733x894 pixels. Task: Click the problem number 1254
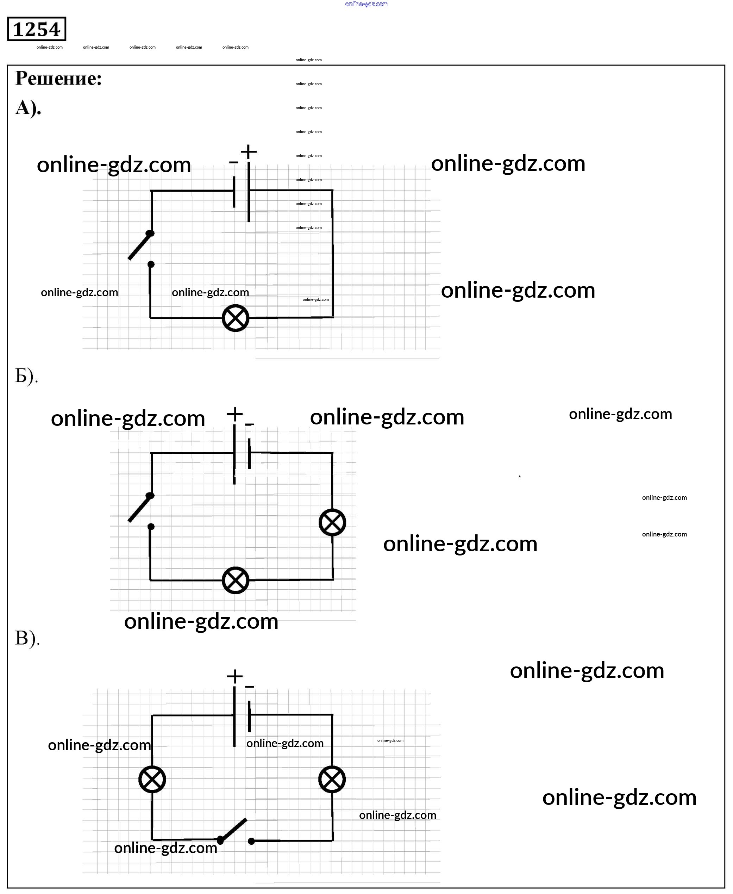[37, 29]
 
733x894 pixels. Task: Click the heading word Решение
[58, 79]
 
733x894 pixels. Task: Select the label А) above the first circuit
[28, 108]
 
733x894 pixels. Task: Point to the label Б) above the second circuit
[26, 375]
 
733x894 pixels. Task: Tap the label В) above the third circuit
[27, 638]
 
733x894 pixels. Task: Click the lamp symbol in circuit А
[235, 318]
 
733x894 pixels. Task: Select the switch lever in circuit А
[140, 246]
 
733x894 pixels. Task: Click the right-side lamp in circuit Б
[332, 523]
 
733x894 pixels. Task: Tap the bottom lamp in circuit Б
[235, 580]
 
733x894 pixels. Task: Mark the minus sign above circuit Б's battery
[250, 424]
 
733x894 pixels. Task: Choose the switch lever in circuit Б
[140, 508]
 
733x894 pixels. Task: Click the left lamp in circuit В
[152, 780]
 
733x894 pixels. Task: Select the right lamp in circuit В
[332, 780]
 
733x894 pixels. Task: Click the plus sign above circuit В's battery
[234, 676]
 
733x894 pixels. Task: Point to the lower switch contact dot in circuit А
[151, 265]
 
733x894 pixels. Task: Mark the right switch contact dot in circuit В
[251, 841]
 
